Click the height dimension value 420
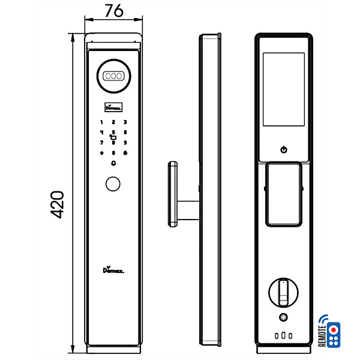tap(57, 205)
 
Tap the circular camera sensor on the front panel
tap(113, 77)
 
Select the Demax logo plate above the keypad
tap(113, 108)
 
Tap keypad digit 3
tap(125, 122)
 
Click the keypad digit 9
tap(125, 143)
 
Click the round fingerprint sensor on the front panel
tap(113, 185)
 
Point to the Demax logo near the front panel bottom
tap(113, 271)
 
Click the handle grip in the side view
tap(172, 193)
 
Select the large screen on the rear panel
tap(284, 91)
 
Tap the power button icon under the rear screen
tap(284, 149)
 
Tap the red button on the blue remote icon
tap(335, 330)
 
